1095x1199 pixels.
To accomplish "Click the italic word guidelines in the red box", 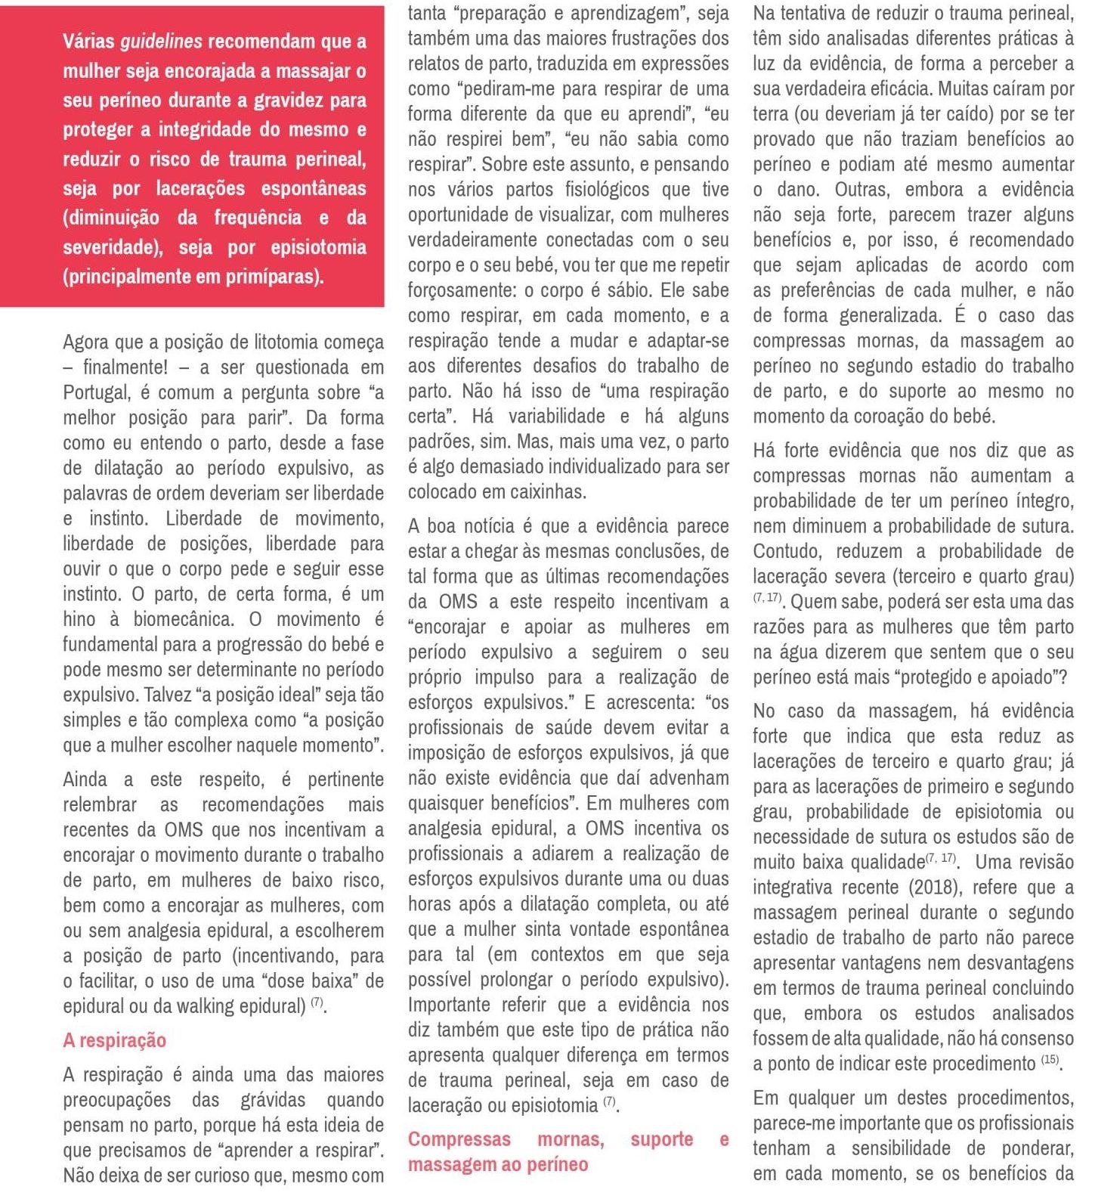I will [161, 42].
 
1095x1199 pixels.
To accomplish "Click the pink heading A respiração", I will [114, 1040].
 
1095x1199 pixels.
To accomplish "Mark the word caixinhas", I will [544, 492].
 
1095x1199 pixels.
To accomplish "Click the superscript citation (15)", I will [1050, 1060].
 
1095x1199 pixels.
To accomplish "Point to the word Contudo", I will [788, 551].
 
